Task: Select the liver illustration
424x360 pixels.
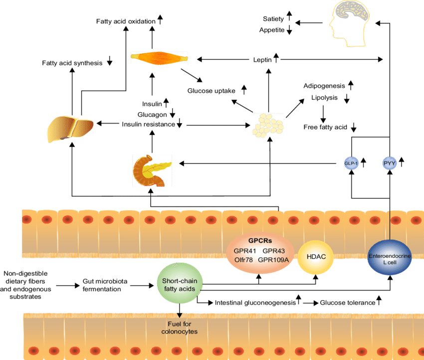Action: pos(70,128)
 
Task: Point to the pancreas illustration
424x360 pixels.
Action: pos(151,170)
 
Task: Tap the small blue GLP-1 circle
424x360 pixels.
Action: pos(351,163)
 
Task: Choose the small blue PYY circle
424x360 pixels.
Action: pos(390,163)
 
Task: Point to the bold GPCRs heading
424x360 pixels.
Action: pos(260,240)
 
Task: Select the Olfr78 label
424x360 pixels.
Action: pos(244,260)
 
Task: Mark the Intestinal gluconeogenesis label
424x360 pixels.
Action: pos(255,303)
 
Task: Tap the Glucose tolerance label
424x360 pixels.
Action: pos(348,303)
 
